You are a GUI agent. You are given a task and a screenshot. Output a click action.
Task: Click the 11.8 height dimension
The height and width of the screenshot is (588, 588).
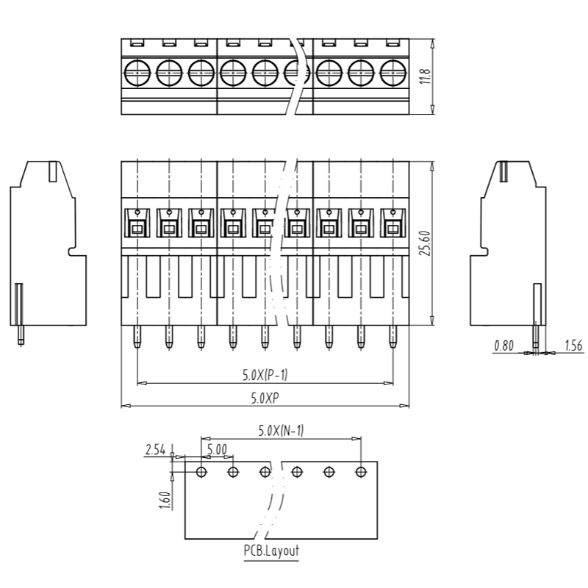426,76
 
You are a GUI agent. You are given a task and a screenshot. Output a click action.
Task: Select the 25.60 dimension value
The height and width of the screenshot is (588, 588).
426,243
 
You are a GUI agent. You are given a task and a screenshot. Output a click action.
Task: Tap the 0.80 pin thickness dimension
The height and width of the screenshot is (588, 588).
503,345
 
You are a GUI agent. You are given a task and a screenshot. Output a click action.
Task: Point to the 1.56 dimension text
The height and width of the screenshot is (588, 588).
574,345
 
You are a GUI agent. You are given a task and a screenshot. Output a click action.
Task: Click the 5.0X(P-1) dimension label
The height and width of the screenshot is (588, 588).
265,375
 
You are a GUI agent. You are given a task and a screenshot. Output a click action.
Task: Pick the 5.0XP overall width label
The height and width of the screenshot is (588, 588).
265,398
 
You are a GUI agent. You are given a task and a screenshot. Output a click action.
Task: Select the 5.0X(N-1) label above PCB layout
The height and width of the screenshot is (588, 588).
281,431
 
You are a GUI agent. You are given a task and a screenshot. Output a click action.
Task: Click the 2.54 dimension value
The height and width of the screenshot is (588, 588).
155,450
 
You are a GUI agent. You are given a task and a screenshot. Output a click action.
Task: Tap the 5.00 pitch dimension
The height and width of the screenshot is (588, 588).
217,450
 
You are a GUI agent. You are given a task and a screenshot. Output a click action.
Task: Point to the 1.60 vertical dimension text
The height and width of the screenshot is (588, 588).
165,501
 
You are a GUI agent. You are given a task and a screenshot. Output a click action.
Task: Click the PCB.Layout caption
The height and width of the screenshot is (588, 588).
271,551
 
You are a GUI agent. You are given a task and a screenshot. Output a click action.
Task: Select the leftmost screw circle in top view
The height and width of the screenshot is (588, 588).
137,73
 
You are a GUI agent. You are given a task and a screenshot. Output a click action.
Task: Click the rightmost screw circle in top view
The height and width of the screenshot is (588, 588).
393,73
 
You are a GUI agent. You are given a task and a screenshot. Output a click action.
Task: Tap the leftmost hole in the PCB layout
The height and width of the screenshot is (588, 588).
201,472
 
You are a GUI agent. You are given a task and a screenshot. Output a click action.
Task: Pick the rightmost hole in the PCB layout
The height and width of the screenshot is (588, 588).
361,472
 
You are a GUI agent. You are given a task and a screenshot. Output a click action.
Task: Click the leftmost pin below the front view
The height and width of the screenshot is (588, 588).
137,337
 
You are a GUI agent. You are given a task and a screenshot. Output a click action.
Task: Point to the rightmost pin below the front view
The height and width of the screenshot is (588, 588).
393,337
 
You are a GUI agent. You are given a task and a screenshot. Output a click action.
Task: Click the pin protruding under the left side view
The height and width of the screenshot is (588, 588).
21,334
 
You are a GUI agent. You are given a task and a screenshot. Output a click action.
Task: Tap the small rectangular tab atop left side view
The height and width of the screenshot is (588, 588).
53,171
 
